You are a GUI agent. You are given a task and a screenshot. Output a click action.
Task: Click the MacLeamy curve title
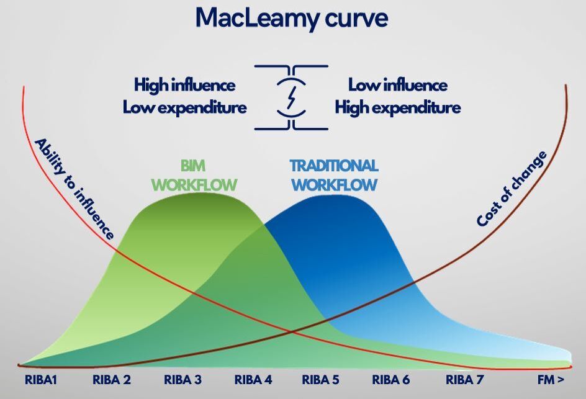tap(292, 19)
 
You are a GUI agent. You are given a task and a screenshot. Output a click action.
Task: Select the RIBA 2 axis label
tap(112, 380)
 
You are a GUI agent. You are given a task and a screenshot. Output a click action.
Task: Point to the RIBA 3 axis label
tap(183, 380)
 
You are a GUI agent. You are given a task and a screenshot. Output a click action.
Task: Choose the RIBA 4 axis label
tap(253, 380)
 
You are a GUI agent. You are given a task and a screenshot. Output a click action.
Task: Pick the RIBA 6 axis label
tap(392, 380)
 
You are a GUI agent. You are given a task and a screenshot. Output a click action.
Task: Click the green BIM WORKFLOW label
tap(194, 176)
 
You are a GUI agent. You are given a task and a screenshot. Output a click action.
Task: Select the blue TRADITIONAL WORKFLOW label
tap(334, 176)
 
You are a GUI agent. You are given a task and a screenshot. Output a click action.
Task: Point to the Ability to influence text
tap(74, 189)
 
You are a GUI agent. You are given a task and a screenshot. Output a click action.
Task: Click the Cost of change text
tap(512, 189)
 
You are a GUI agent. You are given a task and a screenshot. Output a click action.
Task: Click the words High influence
tap(184, 85)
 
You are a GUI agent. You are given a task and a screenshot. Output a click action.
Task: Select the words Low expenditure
tap(184, 108)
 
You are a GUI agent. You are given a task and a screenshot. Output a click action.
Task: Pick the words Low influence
tap(397, 85)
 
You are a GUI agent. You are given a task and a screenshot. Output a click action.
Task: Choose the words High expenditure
tap(397, 108)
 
